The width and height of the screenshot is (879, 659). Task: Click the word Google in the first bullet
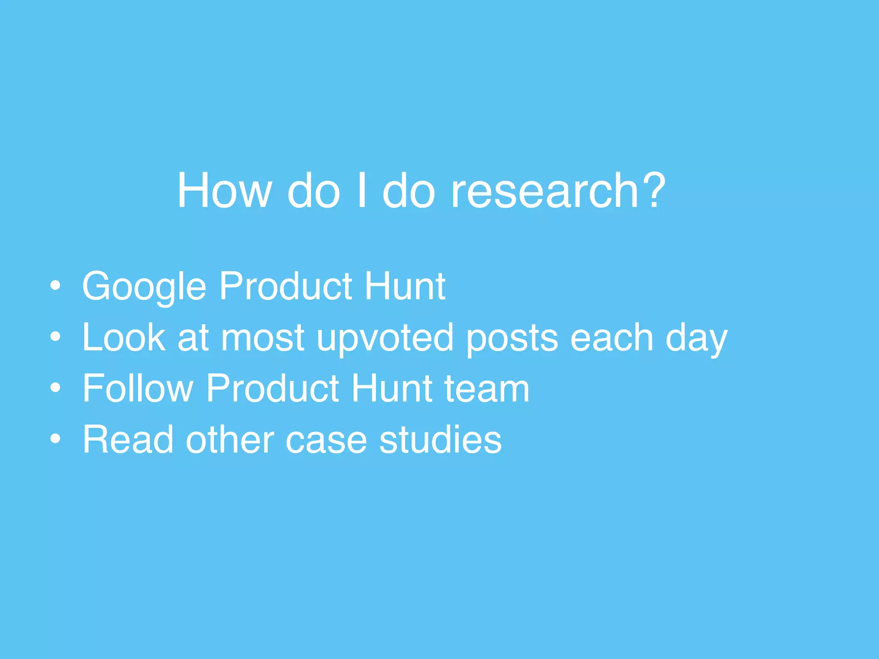pyautogui.click(x=145, y=287)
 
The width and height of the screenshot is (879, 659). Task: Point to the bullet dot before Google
pyautogui.click(x=55, y=286)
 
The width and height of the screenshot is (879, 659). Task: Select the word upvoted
pyautogui.click(x=385, y=339)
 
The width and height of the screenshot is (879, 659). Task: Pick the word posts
pyautogui.click(x=512, y=339)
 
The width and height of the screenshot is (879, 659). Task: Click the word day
pyautogui.click(x=696, y=339)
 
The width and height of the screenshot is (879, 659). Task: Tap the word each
pyautogui.click(x=612, y=338)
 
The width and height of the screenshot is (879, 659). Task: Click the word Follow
pyautogui.click(x=138, y=388)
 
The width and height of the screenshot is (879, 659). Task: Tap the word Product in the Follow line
pyautogui.click(x=273, y=388)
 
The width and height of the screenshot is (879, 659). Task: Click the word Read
pyautogui.click(x=128, y=439)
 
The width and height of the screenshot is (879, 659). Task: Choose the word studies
pyautogui.click(x=440, y=439)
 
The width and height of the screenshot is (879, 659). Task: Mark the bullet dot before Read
pyautogui.click(x=55, y=439)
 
